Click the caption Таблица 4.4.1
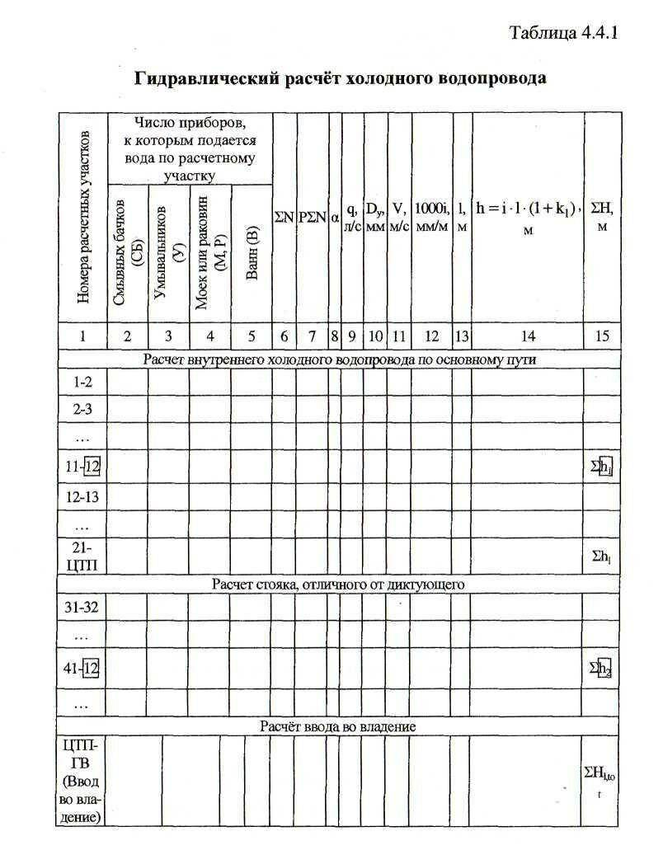coord(564,34)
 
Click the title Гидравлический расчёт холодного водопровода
coord(341,79)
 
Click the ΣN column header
coord(284,218)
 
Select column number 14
coord(528,336)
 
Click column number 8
coord(335,336)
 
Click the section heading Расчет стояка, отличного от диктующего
coord(339,585)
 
